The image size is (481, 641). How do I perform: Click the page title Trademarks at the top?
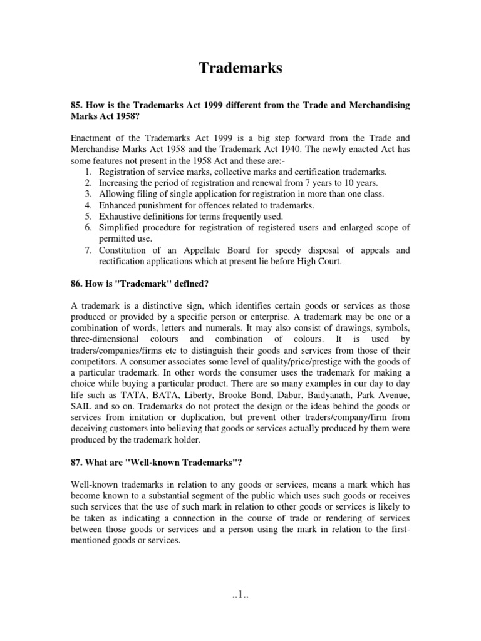click(x=240, y=68)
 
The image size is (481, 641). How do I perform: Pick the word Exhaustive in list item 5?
click(x=120, y=217)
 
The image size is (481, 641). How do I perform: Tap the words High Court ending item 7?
click(x=317, y=262)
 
